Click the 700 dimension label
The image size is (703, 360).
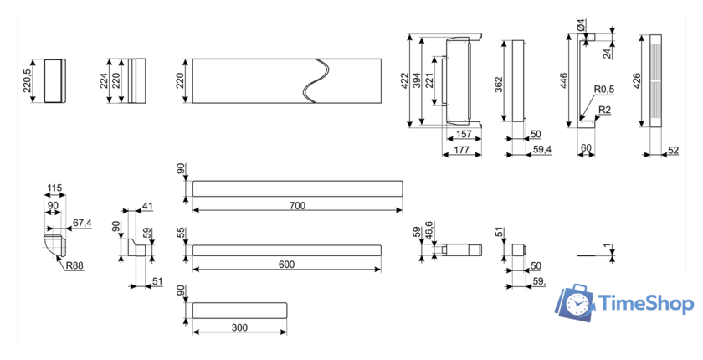click(x=297, y=206)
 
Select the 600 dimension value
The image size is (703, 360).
click(x=286, y=265)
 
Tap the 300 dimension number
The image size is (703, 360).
click(x=239, y=327)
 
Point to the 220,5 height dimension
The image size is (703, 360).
click(x=28, y=80)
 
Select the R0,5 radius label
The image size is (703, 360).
click(x=604, y=89)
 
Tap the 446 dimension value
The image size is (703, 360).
click(x=564, y=81)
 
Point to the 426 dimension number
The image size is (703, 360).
click(x=637, y=81)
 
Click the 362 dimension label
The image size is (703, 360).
click(x=498, y=85)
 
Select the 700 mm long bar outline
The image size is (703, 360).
click(x=297, y=188)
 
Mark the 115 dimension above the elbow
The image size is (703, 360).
click(x=55, y=188)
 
